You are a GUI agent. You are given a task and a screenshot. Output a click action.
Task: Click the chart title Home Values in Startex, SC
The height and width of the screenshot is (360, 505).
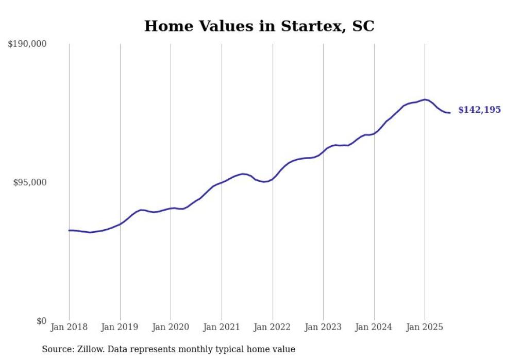tap(259, 26)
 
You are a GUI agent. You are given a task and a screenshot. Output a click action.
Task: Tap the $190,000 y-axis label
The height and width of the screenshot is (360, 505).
tap(27, 44)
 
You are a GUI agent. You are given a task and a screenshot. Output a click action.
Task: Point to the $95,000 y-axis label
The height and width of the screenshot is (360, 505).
tap(30, 182)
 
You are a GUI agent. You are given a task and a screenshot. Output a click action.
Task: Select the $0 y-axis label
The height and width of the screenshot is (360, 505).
tap(41, 321)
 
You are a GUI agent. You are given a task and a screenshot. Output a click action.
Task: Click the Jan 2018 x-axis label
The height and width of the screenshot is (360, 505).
tap(69, 327)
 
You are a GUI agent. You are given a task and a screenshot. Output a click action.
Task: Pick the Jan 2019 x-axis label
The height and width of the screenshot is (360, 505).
tap(120, 327)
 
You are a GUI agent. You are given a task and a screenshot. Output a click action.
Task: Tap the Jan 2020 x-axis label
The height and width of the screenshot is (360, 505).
tap(171, 327)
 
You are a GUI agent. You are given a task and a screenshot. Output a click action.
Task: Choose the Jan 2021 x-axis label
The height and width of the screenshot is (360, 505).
tap(222, 327)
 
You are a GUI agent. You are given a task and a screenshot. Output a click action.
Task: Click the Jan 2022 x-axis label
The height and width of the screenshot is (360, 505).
tap(273, 327)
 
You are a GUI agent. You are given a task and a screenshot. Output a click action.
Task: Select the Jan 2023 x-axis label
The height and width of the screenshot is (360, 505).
tap(323, 327)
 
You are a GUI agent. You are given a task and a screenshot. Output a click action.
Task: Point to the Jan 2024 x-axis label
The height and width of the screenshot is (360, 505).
tap(374, 327)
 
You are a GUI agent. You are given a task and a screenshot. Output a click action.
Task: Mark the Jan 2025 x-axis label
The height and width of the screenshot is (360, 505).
tap(425, 327)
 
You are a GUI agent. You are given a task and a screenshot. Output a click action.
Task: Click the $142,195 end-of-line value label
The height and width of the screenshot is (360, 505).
tap(479, 110)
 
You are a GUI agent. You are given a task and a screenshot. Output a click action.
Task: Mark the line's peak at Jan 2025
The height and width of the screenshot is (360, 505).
tap(425, 99)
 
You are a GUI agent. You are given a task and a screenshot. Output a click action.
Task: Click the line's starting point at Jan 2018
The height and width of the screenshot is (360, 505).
tap(69, 230)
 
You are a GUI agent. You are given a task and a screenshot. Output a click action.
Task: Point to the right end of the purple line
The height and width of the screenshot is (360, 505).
tap(450, 113)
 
